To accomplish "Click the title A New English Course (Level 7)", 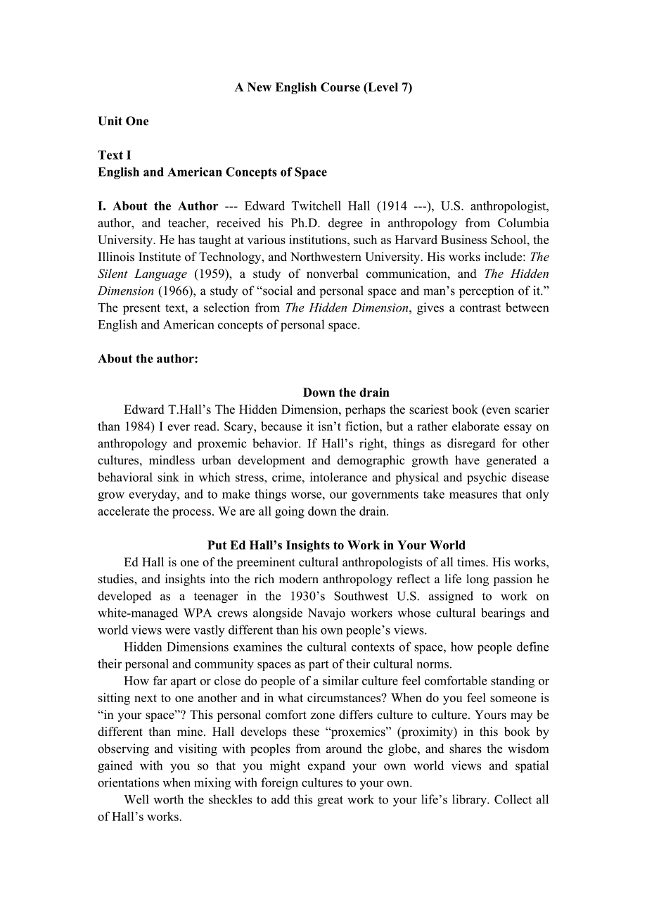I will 323,87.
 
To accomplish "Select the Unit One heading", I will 123,121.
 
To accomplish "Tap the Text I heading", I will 115,155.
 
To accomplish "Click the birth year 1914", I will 392,206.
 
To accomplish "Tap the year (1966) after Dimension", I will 174,291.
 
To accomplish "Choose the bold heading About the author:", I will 148,358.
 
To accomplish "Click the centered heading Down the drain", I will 346,393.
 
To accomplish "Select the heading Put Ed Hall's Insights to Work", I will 336,545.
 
